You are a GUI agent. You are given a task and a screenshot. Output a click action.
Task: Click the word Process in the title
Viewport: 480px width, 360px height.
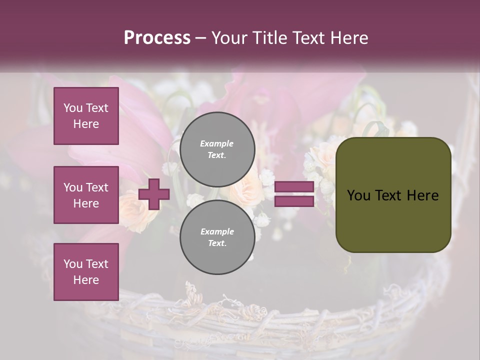pos(157,38)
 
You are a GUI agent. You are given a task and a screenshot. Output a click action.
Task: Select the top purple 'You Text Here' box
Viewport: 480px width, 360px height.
pos(86,116)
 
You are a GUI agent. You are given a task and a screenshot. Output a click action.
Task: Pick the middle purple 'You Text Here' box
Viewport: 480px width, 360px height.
pos(86,195)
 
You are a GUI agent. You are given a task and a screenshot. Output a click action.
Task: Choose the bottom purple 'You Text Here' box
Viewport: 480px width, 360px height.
pos(86,272)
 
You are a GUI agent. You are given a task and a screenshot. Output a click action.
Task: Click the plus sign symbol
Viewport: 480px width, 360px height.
pos(154,194)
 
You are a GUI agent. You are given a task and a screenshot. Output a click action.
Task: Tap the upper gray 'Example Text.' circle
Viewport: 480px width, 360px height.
pos(217,149)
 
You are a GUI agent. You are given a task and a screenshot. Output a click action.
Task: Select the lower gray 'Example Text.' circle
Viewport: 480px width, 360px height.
pos(217,237)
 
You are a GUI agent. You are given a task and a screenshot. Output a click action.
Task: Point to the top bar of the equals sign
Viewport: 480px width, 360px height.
pos(294,187)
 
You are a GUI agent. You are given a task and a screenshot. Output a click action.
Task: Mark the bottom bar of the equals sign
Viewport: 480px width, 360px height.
pos(294,201)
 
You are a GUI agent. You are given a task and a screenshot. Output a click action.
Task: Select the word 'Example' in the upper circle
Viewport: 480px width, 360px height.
pos(216,143)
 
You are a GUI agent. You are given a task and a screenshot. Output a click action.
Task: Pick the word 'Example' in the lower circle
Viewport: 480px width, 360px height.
pos(217,231)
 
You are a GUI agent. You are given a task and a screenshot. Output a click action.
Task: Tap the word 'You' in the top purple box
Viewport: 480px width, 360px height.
pos(72,108)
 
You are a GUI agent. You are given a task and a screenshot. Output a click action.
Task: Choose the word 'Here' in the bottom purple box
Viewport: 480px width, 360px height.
pos(86,280)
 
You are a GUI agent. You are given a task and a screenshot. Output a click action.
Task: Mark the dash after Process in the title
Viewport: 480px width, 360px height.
pos(201,38)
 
